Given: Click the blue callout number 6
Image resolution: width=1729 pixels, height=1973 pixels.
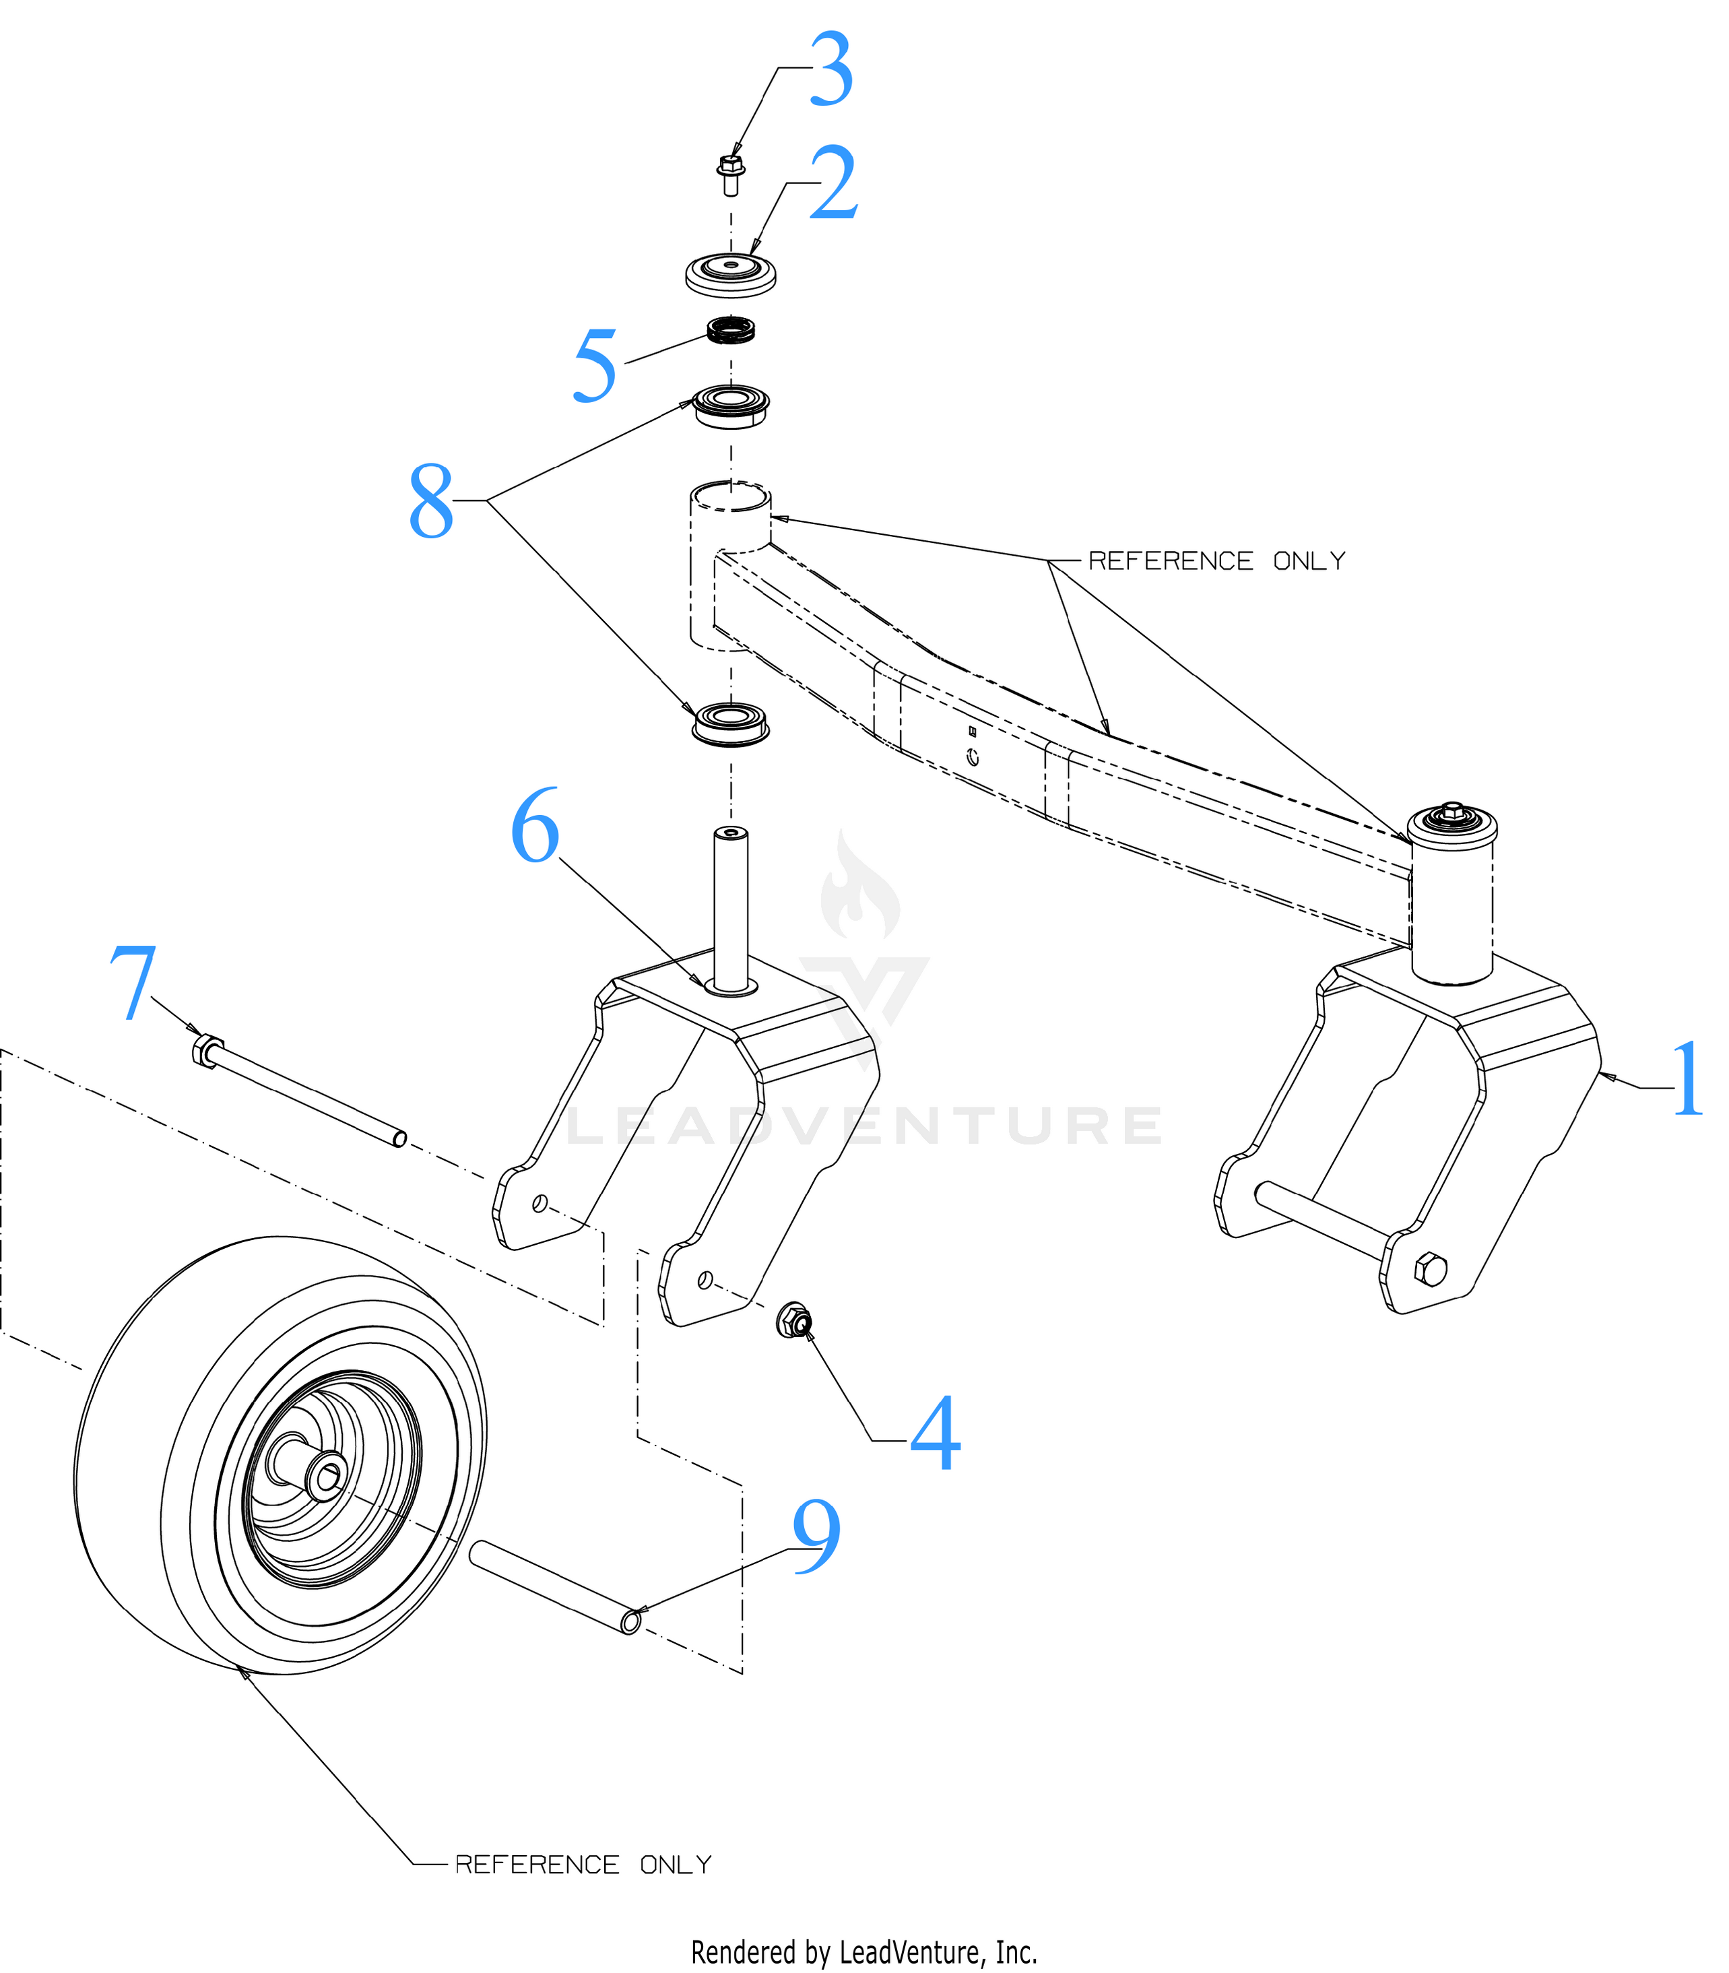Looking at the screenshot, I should point(535,826).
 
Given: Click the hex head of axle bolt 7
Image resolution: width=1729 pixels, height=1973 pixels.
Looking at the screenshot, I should point(207,1049).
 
